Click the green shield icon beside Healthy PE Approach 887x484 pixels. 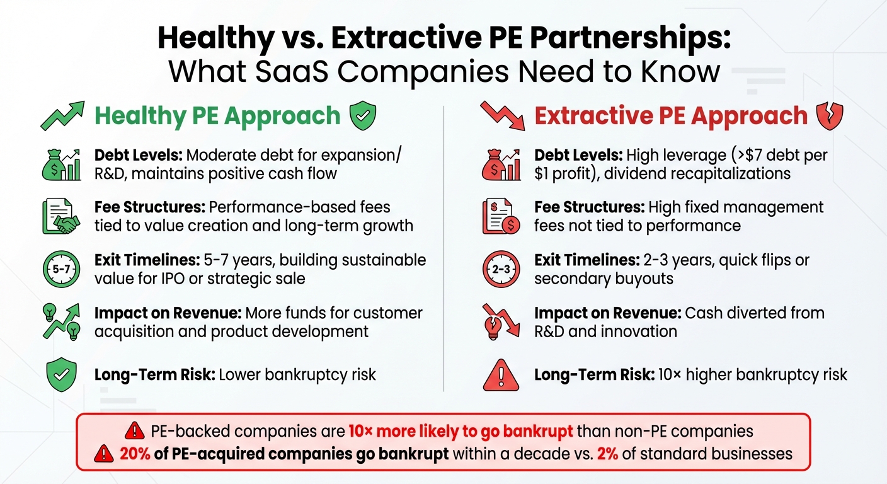point(363,117)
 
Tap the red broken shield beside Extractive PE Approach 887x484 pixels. point(829,117)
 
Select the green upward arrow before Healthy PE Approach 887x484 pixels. point(62,115)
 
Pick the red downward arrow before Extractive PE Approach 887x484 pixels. point(501,115)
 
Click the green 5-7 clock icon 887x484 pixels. point(61,269)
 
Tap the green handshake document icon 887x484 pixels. point(61,216)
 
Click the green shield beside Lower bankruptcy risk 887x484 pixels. point(62,376)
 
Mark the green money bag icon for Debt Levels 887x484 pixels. point(62,164)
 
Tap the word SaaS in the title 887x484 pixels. point(295,72)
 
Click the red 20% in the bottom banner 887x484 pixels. point(133,454)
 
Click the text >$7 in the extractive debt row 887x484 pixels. point(723,156)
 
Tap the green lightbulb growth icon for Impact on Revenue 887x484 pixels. point(61,322)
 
